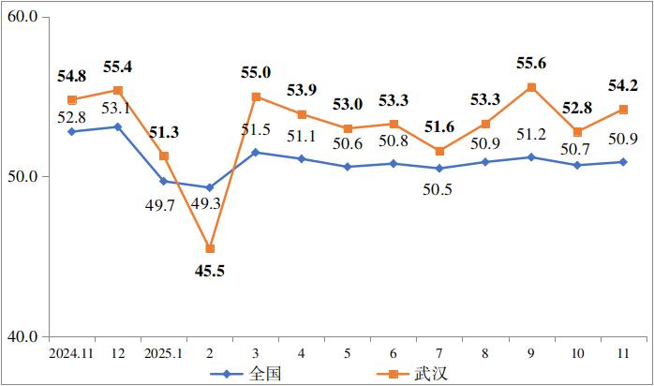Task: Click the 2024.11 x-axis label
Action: click(71, 354)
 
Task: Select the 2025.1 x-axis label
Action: click(163, 354)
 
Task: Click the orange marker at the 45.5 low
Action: click(210, 248)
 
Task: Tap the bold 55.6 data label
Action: click(531, 64)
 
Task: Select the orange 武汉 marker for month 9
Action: click(531, 87)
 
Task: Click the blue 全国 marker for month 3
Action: click(256, 152)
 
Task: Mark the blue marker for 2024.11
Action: click(72, 131)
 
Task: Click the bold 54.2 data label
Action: click(622, 86)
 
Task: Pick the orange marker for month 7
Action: click(439, 151)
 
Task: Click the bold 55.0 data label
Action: click(256, 72)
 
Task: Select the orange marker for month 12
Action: click(118, 90)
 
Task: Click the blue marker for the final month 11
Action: click(623, 161)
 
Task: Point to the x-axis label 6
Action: click(394, 354)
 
